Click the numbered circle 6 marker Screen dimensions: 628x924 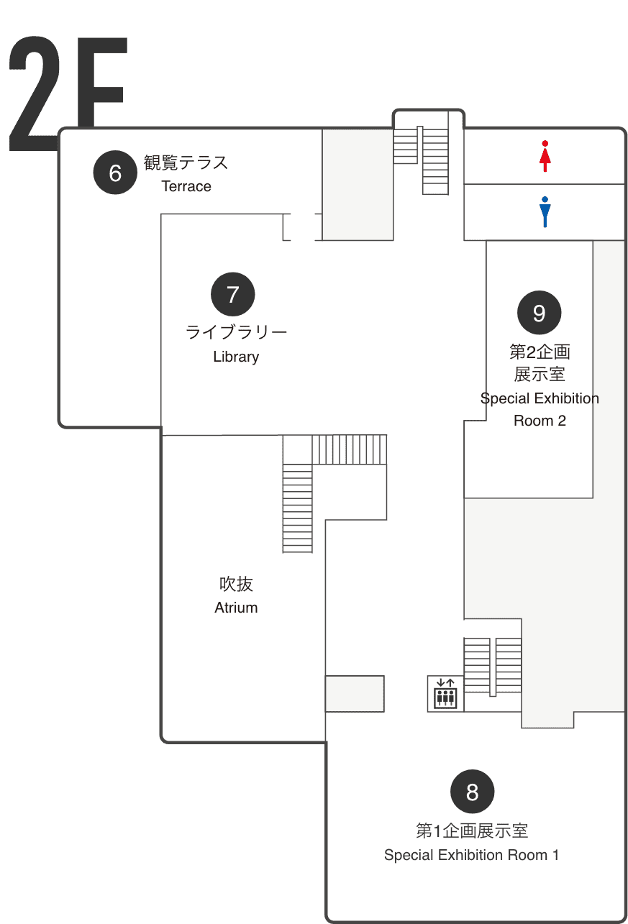(x=115, y=173)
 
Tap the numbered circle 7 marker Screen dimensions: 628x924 (x=233, y=294)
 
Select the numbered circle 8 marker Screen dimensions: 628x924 (x=472, y=791)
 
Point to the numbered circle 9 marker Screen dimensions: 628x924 (x=539, y=312)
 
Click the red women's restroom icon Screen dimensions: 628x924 (x=545, y=156)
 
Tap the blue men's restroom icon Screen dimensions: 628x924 (x=545, y=211)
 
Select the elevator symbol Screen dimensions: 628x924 (x=445, y=693)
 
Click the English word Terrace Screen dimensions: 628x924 (x=186, y=186)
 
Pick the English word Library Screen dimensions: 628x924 (x=236, y=357)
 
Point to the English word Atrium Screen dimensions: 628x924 (x=236, y=608)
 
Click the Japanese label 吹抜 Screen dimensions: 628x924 (x=236, y=584)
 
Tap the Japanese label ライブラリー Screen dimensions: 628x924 (x=236, y=332)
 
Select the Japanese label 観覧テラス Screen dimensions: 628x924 (x=186, y=163)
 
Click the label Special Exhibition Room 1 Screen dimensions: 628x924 (x=472, y=855)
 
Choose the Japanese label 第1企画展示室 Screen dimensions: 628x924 (x=472, y=831)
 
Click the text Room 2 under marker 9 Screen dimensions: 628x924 (x=540, y=421)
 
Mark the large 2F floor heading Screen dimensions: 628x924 (x=68, y=94)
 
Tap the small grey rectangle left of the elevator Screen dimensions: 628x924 (x=355, y=693)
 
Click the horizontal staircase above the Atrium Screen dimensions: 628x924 (x=349, y=449)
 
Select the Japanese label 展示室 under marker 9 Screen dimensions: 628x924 (x=540, y=375)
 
